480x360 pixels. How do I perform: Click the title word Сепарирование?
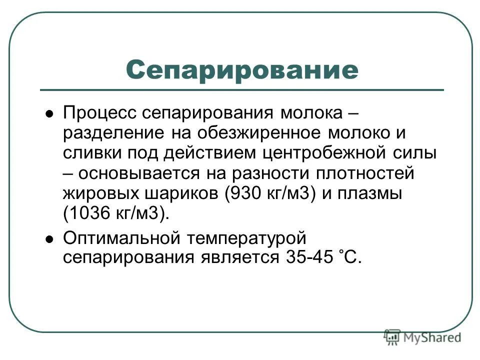click(x=242, y=69)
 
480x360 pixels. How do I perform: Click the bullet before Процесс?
click(x=49, y=114)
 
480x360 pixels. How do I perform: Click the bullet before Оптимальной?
click(x=49, y=238)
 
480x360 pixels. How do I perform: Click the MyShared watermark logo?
click(x=422, y=337)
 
